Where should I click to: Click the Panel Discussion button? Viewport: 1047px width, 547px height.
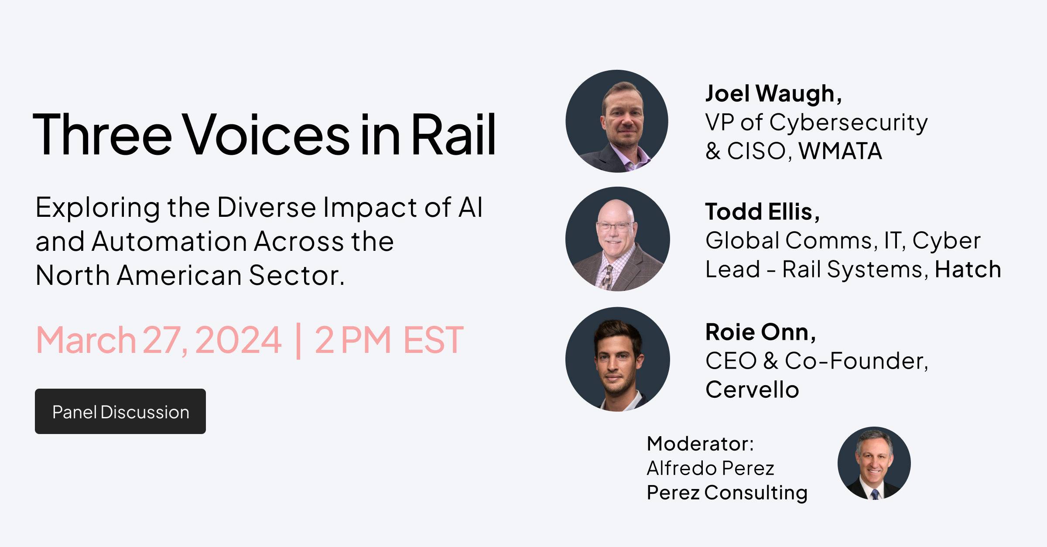pos(120,411)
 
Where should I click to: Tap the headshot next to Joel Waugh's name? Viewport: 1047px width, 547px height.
pos(617,121)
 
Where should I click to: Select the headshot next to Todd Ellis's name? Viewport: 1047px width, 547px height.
pos(617,239)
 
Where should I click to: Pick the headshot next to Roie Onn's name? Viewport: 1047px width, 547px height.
pos(617,359)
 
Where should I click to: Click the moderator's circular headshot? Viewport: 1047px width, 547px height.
pos(874,463)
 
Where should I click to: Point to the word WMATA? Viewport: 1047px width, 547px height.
pos(840,151)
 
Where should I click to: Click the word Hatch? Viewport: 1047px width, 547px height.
pos(968,269)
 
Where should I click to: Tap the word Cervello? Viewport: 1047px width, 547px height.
pos(752,390)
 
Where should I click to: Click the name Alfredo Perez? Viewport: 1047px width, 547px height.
pos(710,468)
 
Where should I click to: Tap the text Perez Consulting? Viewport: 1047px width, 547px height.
pos(727,492)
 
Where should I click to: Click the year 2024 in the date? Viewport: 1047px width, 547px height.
pos(238,340)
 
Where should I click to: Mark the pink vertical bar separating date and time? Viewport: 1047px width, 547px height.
pos(298,341)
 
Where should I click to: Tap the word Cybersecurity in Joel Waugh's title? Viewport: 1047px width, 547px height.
pos(848,123)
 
